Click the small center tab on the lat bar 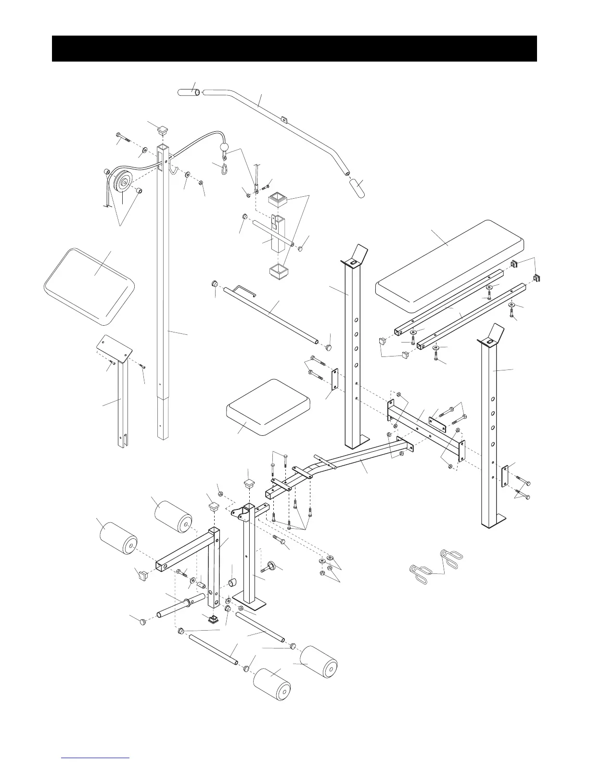pos(283,118)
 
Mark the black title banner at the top pos(294,48)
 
